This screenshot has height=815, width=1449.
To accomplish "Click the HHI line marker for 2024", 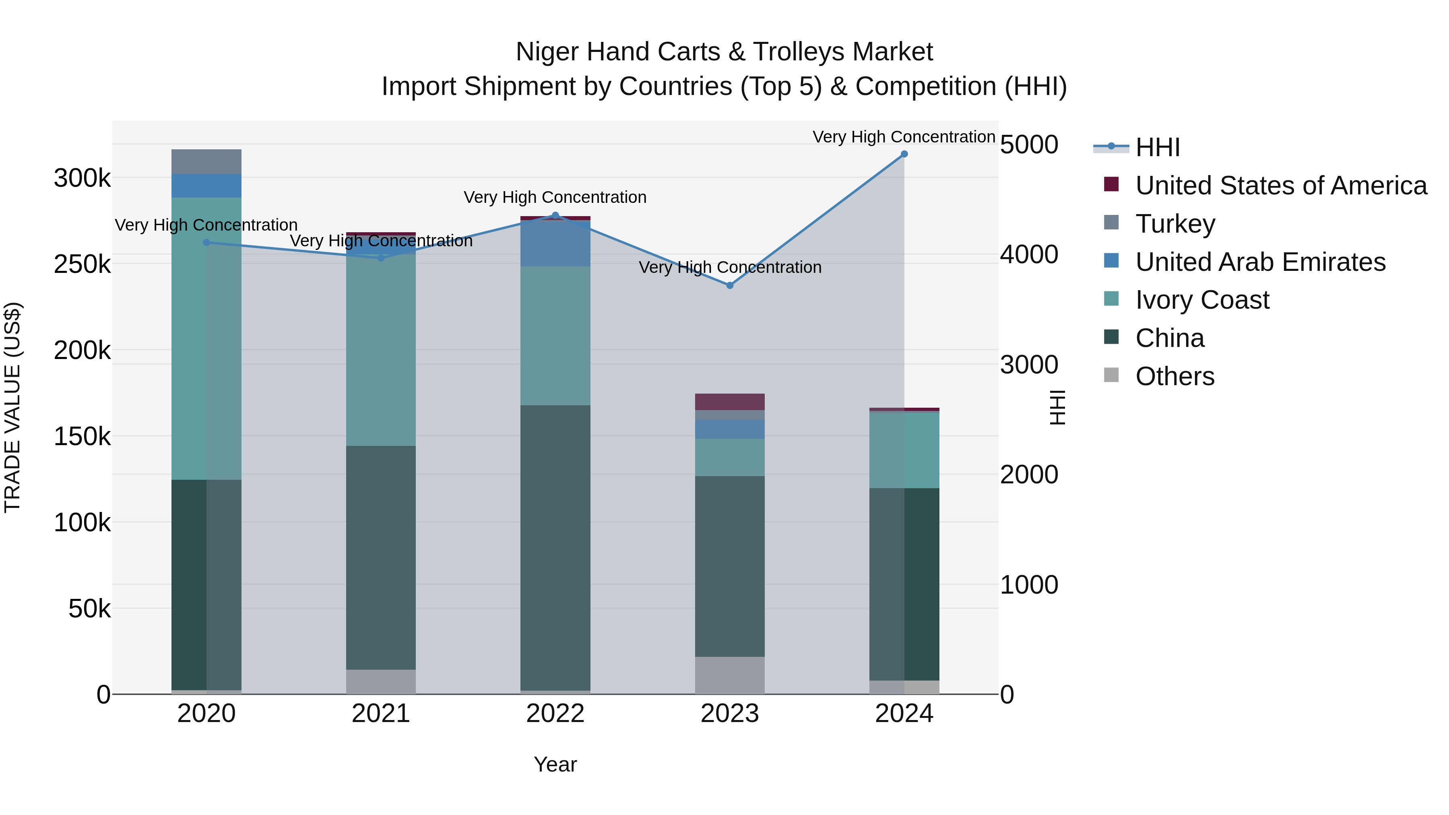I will point(904,154).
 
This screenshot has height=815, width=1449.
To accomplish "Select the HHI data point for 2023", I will point(730,286).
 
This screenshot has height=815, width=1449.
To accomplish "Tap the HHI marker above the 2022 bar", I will point(555,215).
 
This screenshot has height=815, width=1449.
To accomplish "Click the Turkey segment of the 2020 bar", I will point(206,162).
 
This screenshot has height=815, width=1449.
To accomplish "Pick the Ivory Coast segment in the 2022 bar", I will point(555,336).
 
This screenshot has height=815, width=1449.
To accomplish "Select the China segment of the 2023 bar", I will point(730,566).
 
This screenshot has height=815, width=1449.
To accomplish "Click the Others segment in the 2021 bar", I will point(381,682).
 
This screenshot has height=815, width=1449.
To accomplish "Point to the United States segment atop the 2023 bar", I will point(730,402).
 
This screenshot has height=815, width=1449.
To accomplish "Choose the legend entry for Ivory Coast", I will point(1201,300).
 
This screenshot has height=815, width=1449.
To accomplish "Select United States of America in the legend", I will point(1280,186).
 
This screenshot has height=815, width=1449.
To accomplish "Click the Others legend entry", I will point(1174,376).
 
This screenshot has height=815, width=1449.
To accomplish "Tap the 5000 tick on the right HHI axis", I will point(1029,144).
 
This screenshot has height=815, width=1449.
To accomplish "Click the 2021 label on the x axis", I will point(381,714).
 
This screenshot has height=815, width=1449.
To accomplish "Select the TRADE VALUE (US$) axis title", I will point(12,407).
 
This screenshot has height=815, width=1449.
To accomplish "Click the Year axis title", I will point(555,764).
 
